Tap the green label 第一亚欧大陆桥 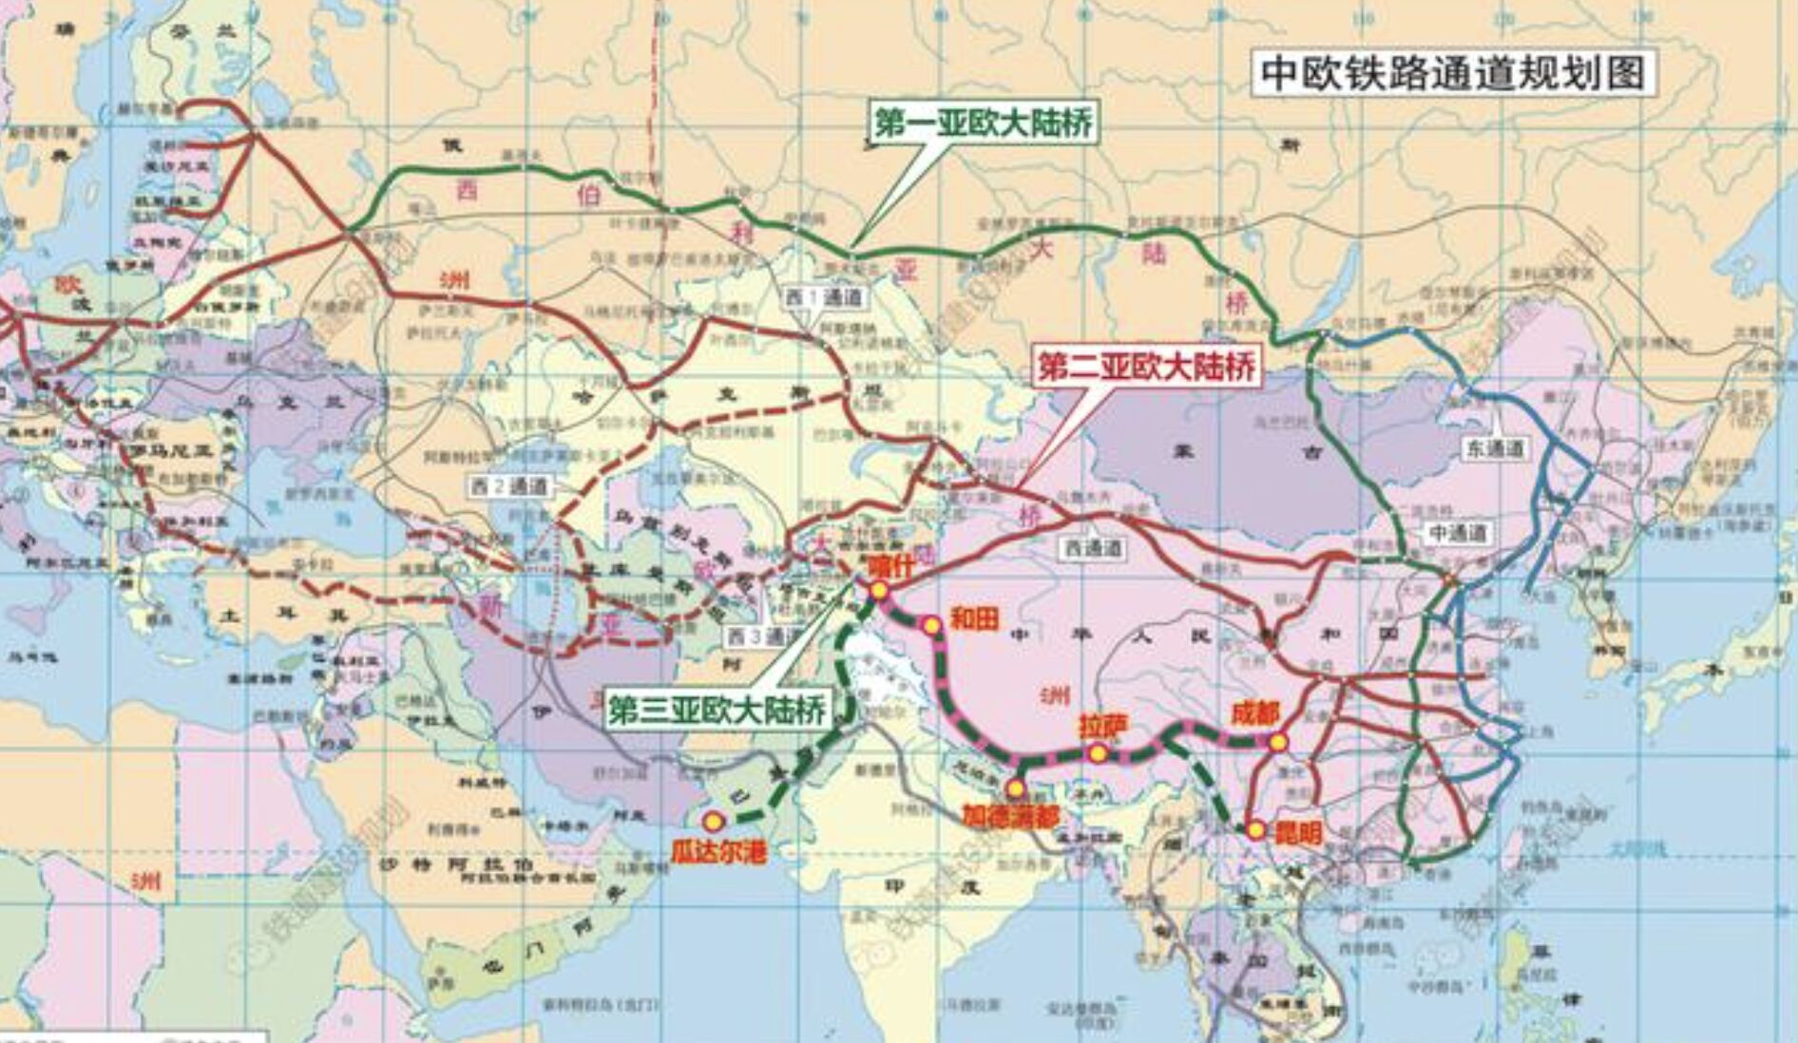click(x=983, y=123)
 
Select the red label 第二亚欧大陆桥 click(x=1146, y=366)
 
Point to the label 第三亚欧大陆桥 click(x=717, y=709)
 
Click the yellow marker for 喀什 click(x=879, y=591)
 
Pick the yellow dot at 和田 click(x=931, y=625)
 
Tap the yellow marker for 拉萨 click(x=1098, y=754)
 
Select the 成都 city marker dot click(x=1278, y=742)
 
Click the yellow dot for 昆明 click(x=1256, y=830)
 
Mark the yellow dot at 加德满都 click(x=1015, y=788)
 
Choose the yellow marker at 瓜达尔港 click(x=713, y=821)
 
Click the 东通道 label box click(x=1494, y=448)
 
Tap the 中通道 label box click(x=1457, y=533)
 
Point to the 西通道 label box click(x=1093, y=548)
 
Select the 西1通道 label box click(x=824, y=297)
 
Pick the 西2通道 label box click(x=509, y=486)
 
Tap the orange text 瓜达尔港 click(x=718, y=851)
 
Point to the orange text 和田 click(x=974, y=618)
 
